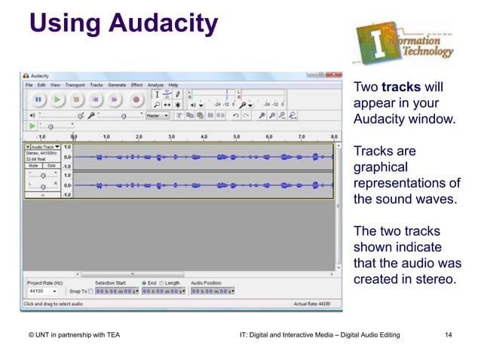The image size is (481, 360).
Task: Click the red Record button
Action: (136, 99)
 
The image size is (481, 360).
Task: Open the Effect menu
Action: (136, 85)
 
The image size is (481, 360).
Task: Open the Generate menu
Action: (117, 85)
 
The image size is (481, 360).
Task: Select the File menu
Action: (29, 85)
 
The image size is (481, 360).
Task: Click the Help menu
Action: (173, 85)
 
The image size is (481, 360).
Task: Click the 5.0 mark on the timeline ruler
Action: (237, 137)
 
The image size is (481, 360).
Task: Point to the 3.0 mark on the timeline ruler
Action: (171, 137)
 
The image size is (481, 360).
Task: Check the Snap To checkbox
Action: (90, 291)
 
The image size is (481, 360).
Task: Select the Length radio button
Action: (162, 283)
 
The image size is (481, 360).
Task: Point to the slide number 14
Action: (449, 332)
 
